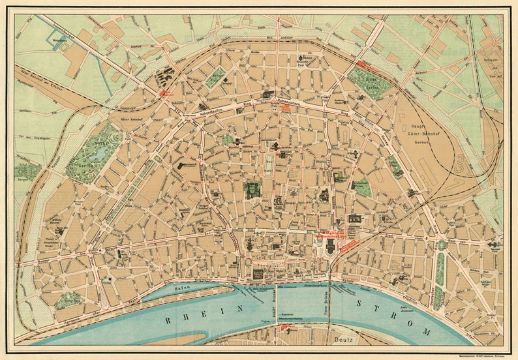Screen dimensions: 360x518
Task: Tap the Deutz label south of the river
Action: click(344, 338)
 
